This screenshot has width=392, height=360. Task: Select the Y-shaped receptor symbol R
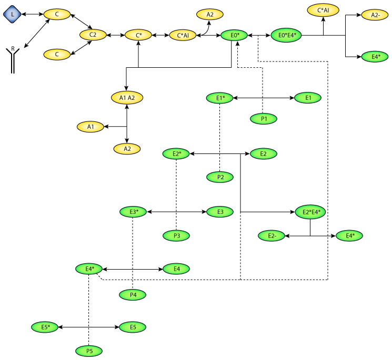pyautogui.click(x=13, y=61)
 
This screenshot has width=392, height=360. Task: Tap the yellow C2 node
pyautogui.click(x=93, y=35)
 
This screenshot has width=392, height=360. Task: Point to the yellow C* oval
pyautogui.click(x=138, y=35)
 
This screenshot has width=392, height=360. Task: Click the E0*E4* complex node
pyautogui.click(x=287, y=35)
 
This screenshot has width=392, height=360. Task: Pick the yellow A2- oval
pyautogui.click(x=375, y=15)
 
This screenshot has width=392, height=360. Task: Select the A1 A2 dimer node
pyautogui.click(x=127, y=97)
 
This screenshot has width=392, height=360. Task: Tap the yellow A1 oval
pyautogui.click(x=91, y=126)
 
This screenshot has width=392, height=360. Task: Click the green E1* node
pyautogui.click(x=220, y=98)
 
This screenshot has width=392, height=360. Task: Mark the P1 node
pyautogui.click(x=264, y=119)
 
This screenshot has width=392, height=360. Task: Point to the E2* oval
pyautogui.click(x=176, y=154)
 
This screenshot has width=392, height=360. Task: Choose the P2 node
pyautogui.click(x=220, y=177)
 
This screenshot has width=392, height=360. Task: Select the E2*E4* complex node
pyautogui.click(x=311, y=212)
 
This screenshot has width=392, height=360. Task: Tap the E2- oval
pyautogui.click(x=272, y=236)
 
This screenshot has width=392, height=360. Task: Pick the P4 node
pyautogui.click(x=133, y=295)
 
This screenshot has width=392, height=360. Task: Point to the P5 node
pyautogui.click(x=88, y=350)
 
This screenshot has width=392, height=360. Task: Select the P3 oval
pyautogui.click(x=176, y=235)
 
